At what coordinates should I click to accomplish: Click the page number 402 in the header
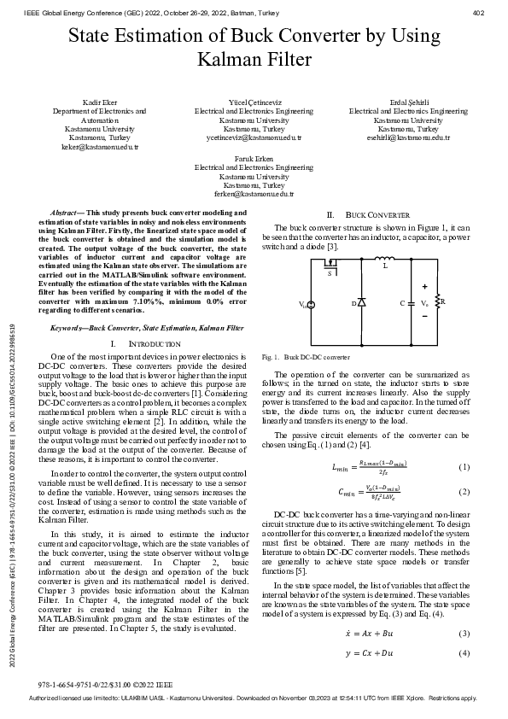pyautogui.click(x=478, y=13)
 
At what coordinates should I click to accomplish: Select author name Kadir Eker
pyautogui.click(x=100, y=102)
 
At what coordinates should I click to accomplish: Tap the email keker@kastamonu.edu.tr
pyautogui.click(x=100, y=146)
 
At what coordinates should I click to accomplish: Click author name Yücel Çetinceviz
pyautogui.click(x=254, y=102)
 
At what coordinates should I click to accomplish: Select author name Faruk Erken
pyautogui.click(x=254, y=159)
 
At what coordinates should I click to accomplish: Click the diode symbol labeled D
pyautogui.click(x=360, y=303)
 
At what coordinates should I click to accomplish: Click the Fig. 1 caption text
pyautogui.click(x=306, y=357)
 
